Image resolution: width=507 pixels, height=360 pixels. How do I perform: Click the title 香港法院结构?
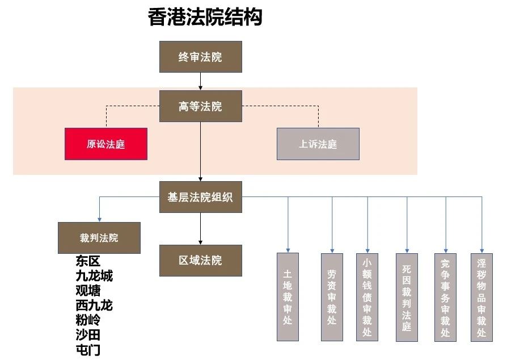[x=205, y=17]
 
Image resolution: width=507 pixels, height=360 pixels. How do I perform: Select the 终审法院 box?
[x=200, y=57]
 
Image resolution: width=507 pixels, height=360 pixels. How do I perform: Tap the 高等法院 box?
[x=200, y=106]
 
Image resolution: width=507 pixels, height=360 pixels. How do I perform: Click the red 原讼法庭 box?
[x=106, y=144]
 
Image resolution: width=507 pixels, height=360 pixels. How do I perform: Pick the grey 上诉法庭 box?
[x=318, y=144]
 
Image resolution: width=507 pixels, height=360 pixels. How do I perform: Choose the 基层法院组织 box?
[x=200, y=197]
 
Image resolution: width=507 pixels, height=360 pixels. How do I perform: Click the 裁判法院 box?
[x=99, y=238]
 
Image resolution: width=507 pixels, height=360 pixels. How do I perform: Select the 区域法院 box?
[x=200, y=260]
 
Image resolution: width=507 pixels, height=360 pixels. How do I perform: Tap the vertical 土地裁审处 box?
[x=288, y=297]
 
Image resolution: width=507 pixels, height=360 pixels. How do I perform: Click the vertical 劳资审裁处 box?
[x=332, y=297]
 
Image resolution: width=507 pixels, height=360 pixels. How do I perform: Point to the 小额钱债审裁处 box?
[x=367, y=297]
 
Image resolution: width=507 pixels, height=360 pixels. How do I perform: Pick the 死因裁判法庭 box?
[x=407, y=297]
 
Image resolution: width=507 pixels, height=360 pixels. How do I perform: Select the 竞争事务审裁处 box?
[x=446, y=297]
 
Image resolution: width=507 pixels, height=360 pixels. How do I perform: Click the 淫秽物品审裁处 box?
[x=481, y=297]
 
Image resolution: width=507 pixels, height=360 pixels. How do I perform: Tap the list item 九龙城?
[x=94, y=276]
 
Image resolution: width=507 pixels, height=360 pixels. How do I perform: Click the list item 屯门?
[x=88, y=350]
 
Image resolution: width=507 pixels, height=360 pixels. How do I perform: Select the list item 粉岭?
[x=88, y=320]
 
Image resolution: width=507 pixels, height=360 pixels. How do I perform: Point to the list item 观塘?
[x=88, y=290]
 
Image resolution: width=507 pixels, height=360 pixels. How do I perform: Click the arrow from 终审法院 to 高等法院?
[x=200, y=81]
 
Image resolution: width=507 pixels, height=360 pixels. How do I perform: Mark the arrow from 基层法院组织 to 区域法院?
[x=200, y=229]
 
